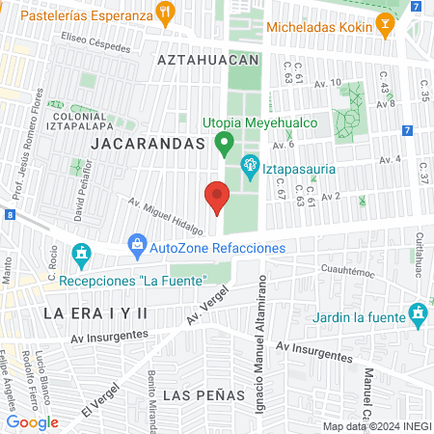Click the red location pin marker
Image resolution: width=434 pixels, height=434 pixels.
tap(217, 198)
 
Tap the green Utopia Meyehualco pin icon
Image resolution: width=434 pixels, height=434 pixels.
tap(225, 146)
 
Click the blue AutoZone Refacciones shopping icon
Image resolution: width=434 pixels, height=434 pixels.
tap(136, 247)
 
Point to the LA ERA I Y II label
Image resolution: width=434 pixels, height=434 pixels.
tap(95, 312)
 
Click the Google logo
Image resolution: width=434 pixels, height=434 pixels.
tap(32, 422)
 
